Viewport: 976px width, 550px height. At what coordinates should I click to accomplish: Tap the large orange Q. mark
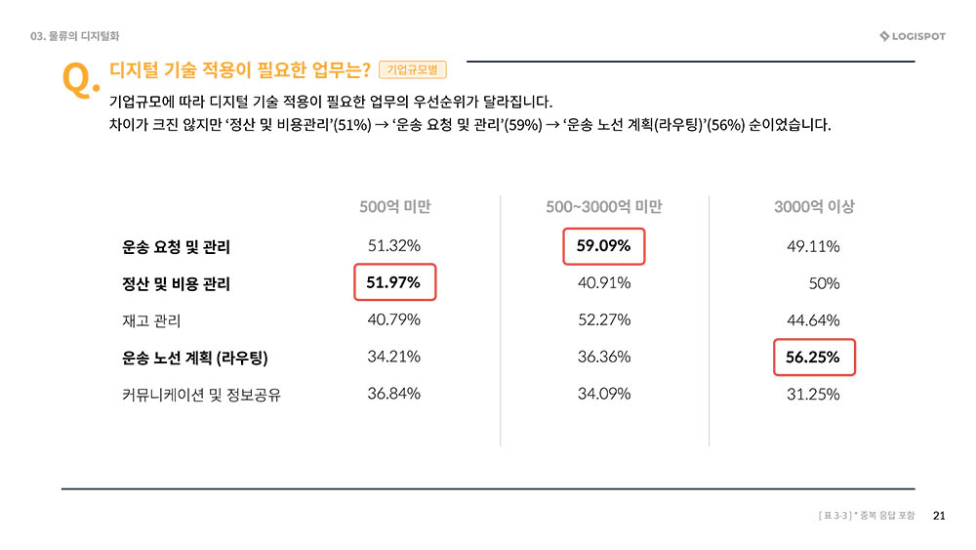(79, 81)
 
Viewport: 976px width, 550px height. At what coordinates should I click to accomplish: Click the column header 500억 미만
(394, 207)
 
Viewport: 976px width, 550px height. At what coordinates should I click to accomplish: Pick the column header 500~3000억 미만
(603, 207)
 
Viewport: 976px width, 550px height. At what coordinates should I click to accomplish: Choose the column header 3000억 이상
(813, 207)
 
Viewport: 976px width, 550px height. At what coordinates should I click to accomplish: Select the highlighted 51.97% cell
(394, 282)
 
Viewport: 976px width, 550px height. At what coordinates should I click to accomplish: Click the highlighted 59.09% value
(604, 246)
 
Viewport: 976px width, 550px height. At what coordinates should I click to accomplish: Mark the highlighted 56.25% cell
(813, 358)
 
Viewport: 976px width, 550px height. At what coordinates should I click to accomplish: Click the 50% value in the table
(824, 283)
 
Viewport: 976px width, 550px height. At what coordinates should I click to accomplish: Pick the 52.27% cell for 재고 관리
(604, 319)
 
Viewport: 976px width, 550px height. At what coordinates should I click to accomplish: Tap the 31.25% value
(813, 394)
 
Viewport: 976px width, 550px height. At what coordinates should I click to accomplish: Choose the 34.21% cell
(394, 357)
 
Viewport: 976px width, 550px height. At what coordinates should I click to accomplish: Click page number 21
(940, 516)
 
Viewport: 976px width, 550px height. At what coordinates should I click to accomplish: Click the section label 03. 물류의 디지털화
(74, 37)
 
